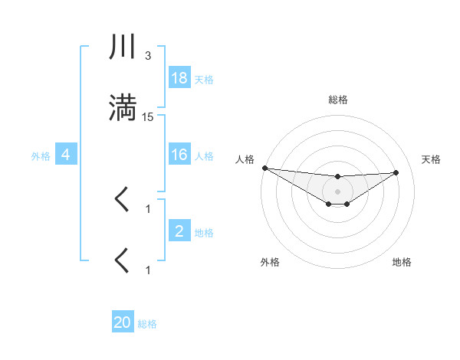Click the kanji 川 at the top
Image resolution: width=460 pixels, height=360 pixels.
[123, 47]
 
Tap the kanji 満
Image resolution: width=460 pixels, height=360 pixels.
[123, 108]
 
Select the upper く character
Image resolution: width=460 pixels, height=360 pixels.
[122, 200]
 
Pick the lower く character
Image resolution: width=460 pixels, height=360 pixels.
[122, 260]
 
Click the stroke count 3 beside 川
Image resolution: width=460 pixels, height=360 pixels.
[148, 56]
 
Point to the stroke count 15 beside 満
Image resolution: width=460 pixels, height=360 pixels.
[148, 116]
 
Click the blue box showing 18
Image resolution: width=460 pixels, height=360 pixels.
[179, 78]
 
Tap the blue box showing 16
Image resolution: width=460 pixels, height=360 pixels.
[179, 155]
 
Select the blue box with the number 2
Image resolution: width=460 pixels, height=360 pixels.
[179, 231]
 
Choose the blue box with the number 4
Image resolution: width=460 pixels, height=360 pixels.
[66, 155]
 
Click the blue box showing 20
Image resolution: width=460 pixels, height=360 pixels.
[123, 322]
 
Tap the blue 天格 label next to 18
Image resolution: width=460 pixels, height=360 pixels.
[204, 79]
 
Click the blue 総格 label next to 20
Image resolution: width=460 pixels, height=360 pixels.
[147, 323]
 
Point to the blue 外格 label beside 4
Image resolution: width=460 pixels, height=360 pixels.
[41, 155]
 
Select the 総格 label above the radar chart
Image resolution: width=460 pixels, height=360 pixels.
[337, 100]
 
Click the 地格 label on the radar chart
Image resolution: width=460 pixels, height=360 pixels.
[402, 262]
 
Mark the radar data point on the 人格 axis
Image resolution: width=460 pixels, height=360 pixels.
[264, 168]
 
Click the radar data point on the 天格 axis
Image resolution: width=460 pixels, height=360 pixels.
[396, 172]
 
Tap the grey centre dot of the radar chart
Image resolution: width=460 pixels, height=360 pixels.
[337, 191]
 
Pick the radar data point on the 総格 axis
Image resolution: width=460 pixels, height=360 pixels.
[337, 177]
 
